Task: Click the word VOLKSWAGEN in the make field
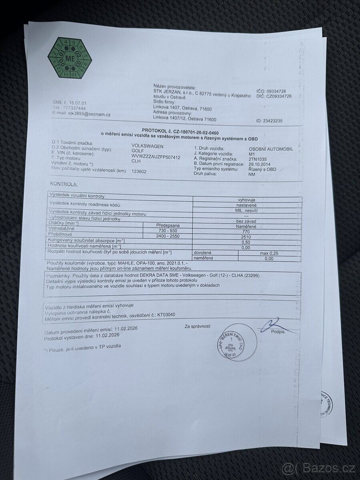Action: (147, 146)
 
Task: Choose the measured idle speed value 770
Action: (246, 231)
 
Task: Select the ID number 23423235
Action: (276, 121)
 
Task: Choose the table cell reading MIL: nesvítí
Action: (246, 209)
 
